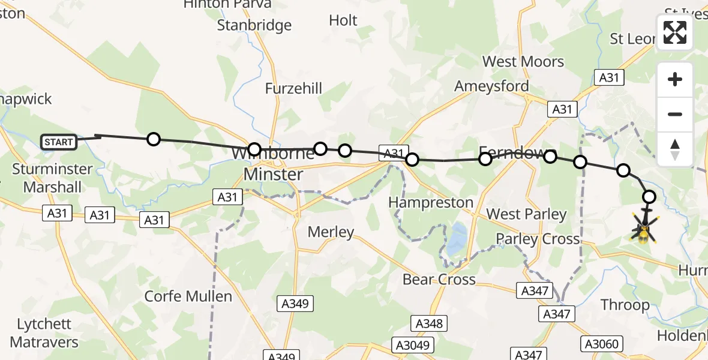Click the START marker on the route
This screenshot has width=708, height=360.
pos(59,142)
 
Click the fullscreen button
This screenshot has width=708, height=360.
pos(675,32)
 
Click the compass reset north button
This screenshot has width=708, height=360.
pos(675,149)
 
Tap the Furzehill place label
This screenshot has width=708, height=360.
pos(294,89)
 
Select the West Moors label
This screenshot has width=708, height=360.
pos(523,62)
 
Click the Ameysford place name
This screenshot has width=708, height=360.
pos(491,86)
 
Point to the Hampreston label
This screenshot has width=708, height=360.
pos(431,202)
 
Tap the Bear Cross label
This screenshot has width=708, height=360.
pos(439,279)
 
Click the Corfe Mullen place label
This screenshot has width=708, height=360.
pos(188,296)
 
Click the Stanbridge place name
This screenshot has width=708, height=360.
pos(254,25)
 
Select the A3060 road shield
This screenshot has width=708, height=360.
pos(603,344)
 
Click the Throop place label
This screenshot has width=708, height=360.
pos(625,305)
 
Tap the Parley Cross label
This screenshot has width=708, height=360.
pos(538,239)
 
